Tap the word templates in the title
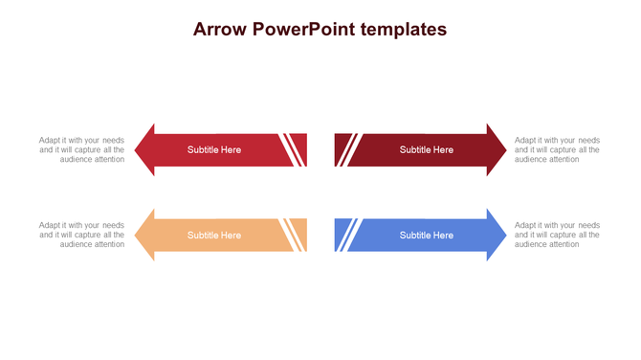click(x=405, y=30)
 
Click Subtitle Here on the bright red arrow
click(x=214, y=150)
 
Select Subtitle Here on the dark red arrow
click(x=427, y=150)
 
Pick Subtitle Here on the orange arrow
click(x=214, y=236)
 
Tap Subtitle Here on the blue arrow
click(x=427, y=236)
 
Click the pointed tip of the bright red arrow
click(x=138, y=150)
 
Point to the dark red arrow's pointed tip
click(x=503, y=150)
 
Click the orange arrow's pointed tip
click(x=138, y=236)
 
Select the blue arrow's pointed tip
click(x=503, y=236)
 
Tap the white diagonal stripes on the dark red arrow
click(x=349, y=150)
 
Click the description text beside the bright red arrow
click(x=82, y=150)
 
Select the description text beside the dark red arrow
click(x=557, y=150)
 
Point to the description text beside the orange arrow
click(x=82, y=236)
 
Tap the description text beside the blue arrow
click(x=557, y=236)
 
